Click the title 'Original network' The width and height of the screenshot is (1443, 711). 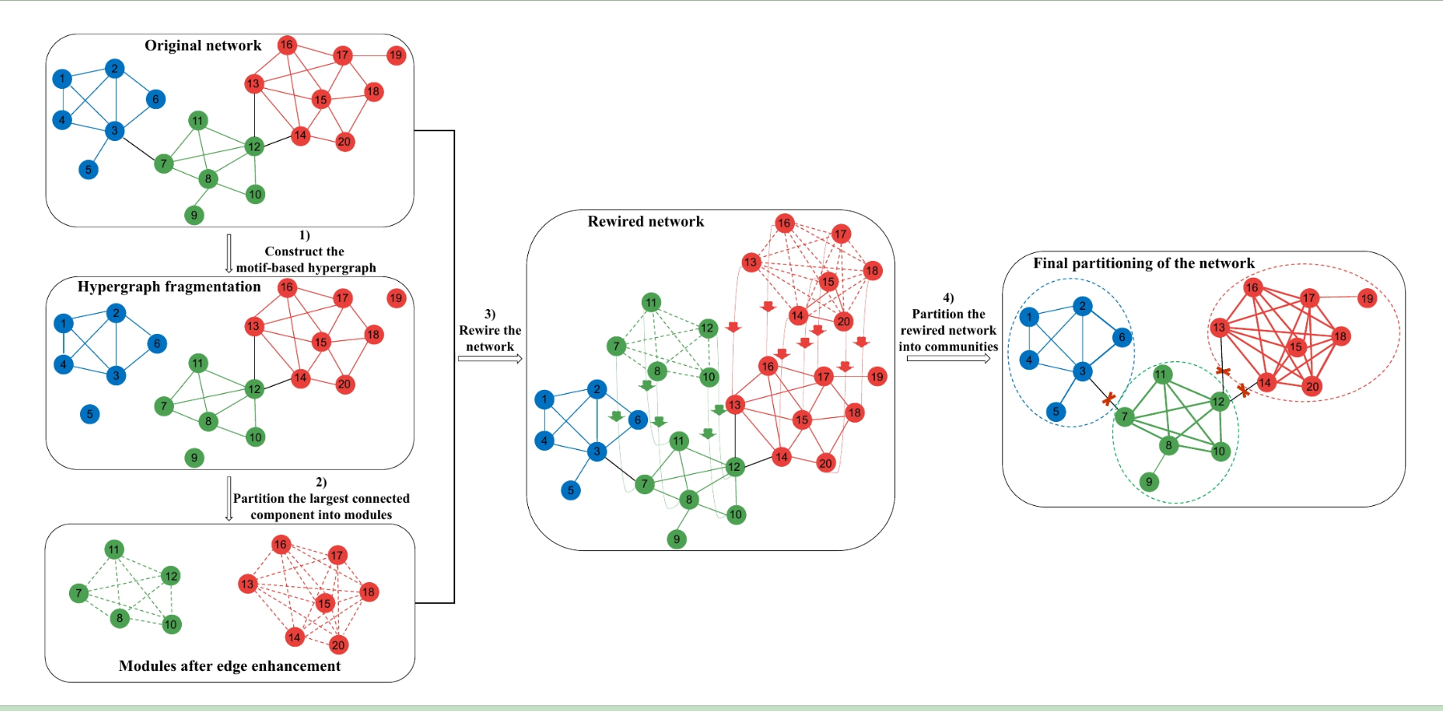click(x=203, y=46)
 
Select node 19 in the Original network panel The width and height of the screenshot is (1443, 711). click(x=396, y=55)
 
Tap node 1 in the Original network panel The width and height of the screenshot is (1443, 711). click(x=62, y=78)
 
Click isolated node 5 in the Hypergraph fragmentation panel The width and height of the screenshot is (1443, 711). click(x=90, y=414)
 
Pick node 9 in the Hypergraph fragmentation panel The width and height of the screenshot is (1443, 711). click(x=194, y=458)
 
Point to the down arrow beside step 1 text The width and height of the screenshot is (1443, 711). click(x=229, y=253)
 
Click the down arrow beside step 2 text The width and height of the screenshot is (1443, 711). click(x=229, y=499)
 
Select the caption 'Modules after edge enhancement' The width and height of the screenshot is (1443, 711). click(x=229, y=666)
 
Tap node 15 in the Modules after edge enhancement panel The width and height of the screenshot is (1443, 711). click(x=324, y=603)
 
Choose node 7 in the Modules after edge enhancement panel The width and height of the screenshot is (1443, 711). click(x=79, y=593)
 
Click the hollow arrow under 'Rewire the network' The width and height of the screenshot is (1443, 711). click(x=490, y=360)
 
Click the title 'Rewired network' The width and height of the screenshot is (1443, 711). click(x=646, y=222)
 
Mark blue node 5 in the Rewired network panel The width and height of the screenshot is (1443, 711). click(x=570, y=490)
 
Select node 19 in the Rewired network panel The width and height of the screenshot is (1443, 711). click(x=877, y=376)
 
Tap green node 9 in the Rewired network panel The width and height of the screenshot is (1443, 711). click(x=676, y=539)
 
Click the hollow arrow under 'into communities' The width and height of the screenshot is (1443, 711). click(x=948, y=360)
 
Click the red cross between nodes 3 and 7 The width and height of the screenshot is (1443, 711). click(x=1109, y=398)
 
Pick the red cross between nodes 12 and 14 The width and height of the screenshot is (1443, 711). click(x=1243, y=390)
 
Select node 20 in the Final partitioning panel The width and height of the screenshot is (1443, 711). click(x=1312, y=387)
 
